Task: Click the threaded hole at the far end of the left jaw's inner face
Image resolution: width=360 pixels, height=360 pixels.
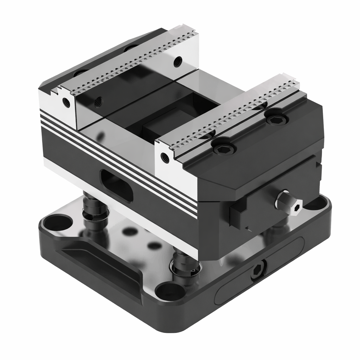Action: (x=178, y=61)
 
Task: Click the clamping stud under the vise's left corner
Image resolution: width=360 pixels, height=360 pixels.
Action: (x=94, y=211)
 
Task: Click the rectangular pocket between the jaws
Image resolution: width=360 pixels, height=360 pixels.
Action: (x=176, y=116)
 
